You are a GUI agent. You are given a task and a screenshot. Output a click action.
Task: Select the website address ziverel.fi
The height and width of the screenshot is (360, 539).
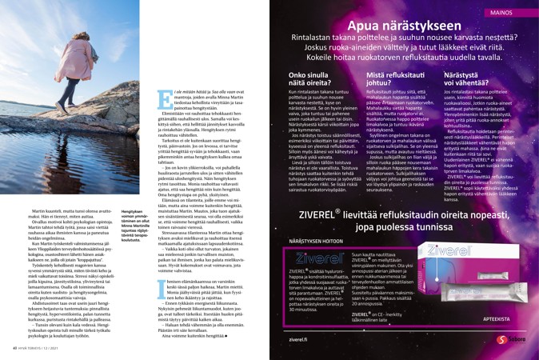(300, 340)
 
